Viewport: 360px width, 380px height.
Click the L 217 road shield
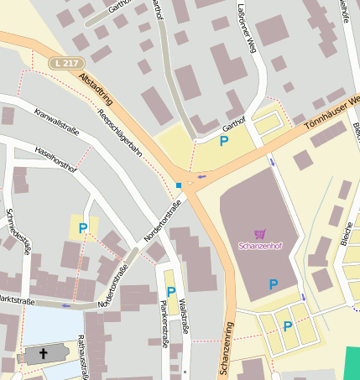(67, 63)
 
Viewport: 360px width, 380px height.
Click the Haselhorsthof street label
(57, 160)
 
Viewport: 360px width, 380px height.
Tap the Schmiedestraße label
(18, 231)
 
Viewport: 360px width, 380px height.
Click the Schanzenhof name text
(259, 247)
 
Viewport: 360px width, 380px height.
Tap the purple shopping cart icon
(259, 235)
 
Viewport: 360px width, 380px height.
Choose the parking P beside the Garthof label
(223, 142)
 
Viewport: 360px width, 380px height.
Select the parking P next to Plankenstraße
(171, 292)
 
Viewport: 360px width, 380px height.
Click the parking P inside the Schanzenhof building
(273, 285)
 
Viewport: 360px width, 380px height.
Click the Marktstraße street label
(17, 299)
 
